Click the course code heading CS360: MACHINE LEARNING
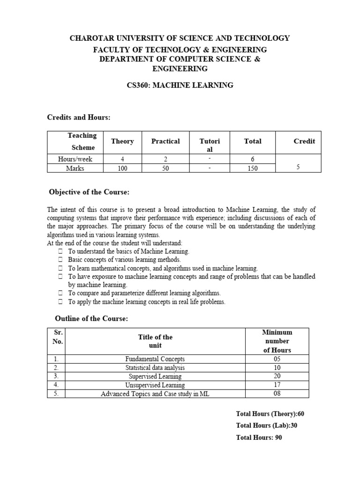pyautogui.click(x=180, y=85)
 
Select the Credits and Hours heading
pyautogui.click(x=78, y=117)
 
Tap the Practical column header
pyautogui.click(x=165, y=141)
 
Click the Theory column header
pyautogui.click(x=122, y=141)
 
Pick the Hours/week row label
pyautogui.click(x=75, y=159)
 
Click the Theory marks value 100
pyautogui.click(x=122, y=168)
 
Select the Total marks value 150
pyautogui.click(x=253, y=168)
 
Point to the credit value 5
pyautogui.click(x=298, y=167)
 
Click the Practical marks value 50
pyautogui.click(x=165, y=168)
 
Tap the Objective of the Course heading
pyautogui.click(x=90, y=193)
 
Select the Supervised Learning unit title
pyautogui.click(x=155, y=376)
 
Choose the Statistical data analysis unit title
pyautogui.click(x=155, y=367)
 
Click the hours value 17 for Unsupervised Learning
pyautogui.click(x=277, y=385)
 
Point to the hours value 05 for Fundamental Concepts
pyautogui.click(x=277, y=359)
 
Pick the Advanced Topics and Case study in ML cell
pyautogui.click(x=155, y=394)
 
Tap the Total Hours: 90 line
pyautogui.click(x=259, y=438)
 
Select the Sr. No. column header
pyautogui.click(x=56, y=337)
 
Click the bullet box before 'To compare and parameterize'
pyautogui.click(x=61, y=293)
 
